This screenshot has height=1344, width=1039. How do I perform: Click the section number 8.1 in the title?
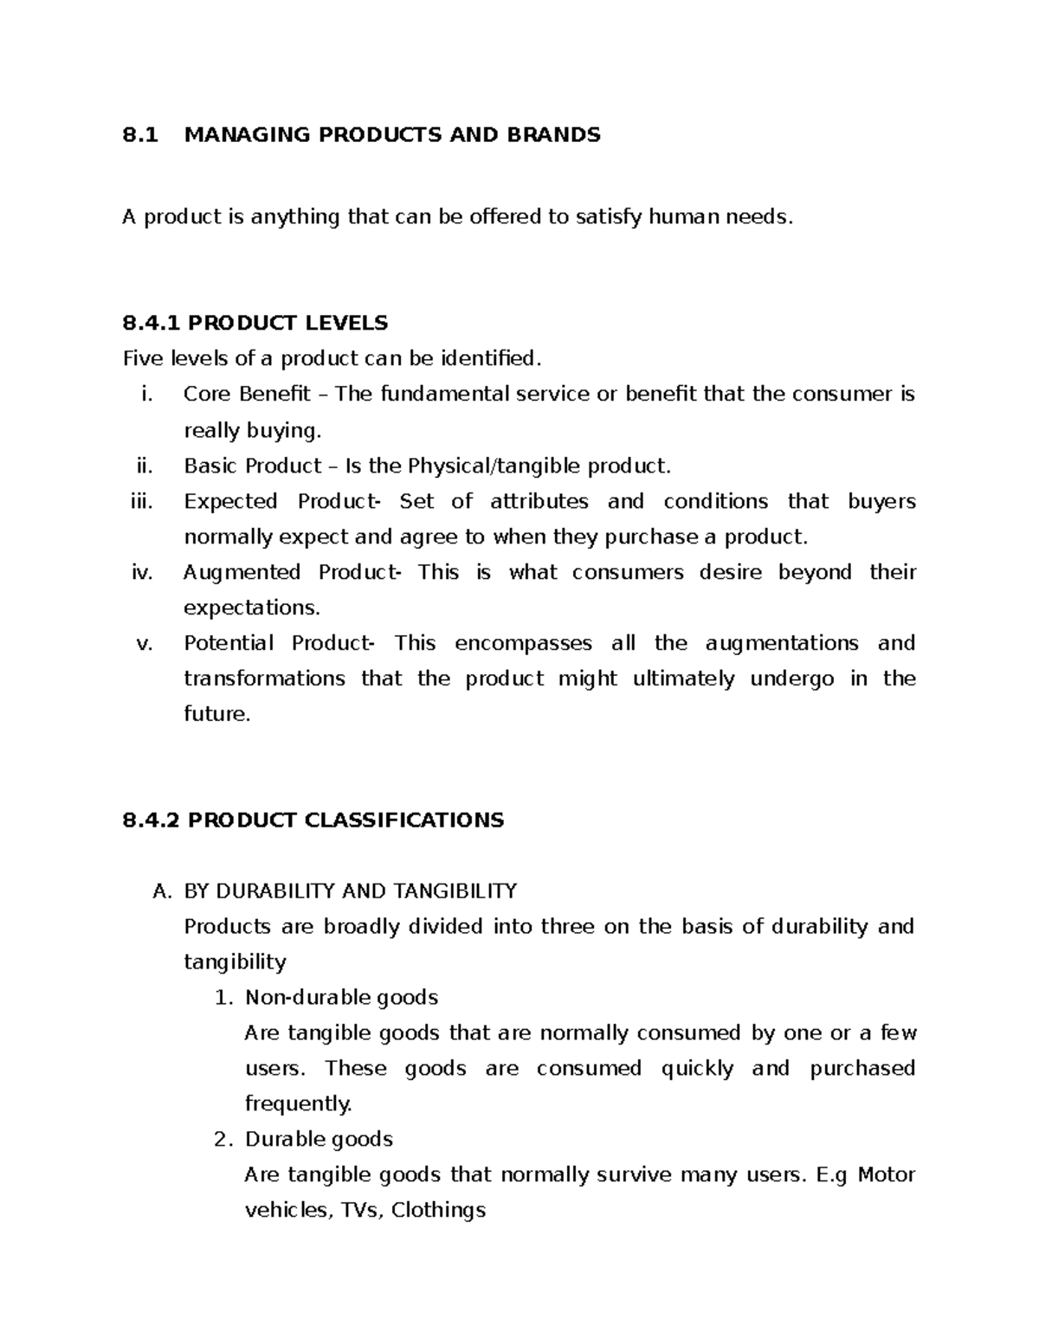coord(140,135)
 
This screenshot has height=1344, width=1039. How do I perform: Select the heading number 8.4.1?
coord(152,324)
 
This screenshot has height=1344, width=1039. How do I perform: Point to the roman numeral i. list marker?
coord(146,395)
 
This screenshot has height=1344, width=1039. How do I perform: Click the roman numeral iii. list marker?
coord(141,502)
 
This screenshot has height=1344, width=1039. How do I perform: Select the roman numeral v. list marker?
coord(145,644)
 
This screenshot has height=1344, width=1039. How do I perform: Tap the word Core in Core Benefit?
coord(208,395)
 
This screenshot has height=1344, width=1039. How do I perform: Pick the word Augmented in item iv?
coord(242,573)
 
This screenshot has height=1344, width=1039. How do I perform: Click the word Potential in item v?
coord(229,644)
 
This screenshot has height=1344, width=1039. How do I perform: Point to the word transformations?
coord(264,679)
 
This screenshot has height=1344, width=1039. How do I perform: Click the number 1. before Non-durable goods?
coord(223,998)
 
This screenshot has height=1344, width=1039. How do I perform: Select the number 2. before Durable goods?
coord(223,1140)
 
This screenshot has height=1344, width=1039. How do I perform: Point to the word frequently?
coord(299,1104)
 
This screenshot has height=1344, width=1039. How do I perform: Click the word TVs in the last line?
coord(359,1211)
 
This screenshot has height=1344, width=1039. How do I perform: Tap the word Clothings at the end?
coord(438,1211)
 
